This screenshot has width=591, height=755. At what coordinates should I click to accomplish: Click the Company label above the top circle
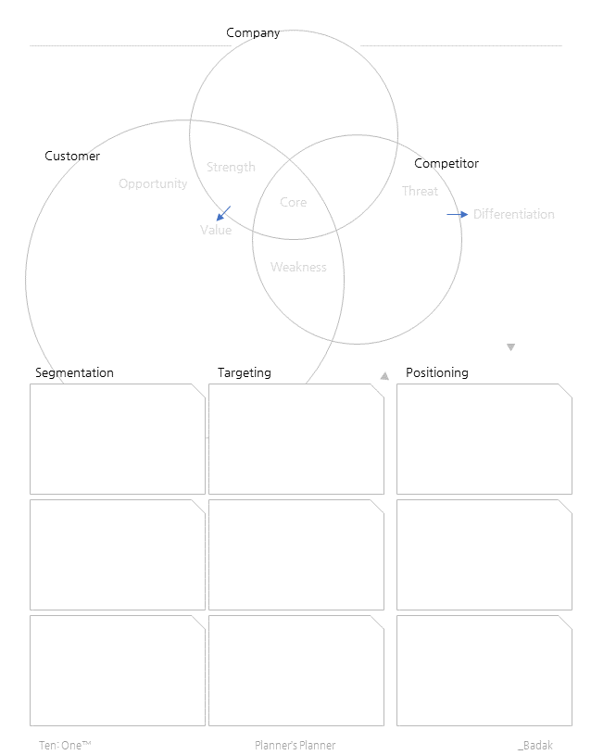coord(253,33)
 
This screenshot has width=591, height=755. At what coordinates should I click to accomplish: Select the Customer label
coord(72,157)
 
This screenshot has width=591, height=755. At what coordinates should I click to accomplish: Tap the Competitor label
coord(446,164)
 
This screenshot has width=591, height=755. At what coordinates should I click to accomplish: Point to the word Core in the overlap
coord(293,203)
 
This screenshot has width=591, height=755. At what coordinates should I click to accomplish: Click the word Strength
coord(231,168)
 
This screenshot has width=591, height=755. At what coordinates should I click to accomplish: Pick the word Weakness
coord(298,268)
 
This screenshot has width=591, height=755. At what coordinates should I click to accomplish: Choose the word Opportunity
coord(153,184)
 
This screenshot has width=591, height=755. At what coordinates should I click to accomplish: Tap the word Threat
coord(420,192)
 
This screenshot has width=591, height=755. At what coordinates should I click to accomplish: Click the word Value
coord(216,231)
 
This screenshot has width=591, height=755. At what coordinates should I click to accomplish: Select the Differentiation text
coord(513,215)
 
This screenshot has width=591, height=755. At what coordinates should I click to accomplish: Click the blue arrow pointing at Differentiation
coord(458,214)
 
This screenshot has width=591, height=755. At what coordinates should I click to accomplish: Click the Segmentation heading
coord(74,373)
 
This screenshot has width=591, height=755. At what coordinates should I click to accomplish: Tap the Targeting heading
coord(245,373)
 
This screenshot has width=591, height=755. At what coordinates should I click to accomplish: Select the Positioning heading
coord(437,373)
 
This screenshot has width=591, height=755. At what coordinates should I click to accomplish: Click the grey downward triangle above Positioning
coord(510,347)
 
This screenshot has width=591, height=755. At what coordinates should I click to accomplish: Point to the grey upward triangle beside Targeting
coord(384,376)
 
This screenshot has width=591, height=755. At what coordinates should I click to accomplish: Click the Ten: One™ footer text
coord(65,746)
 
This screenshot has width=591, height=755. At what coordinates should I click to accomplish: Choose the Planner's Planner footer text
coord(295,746)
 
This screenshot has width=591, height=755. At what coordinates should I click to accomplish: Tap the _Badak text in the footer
coord(535,746)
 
